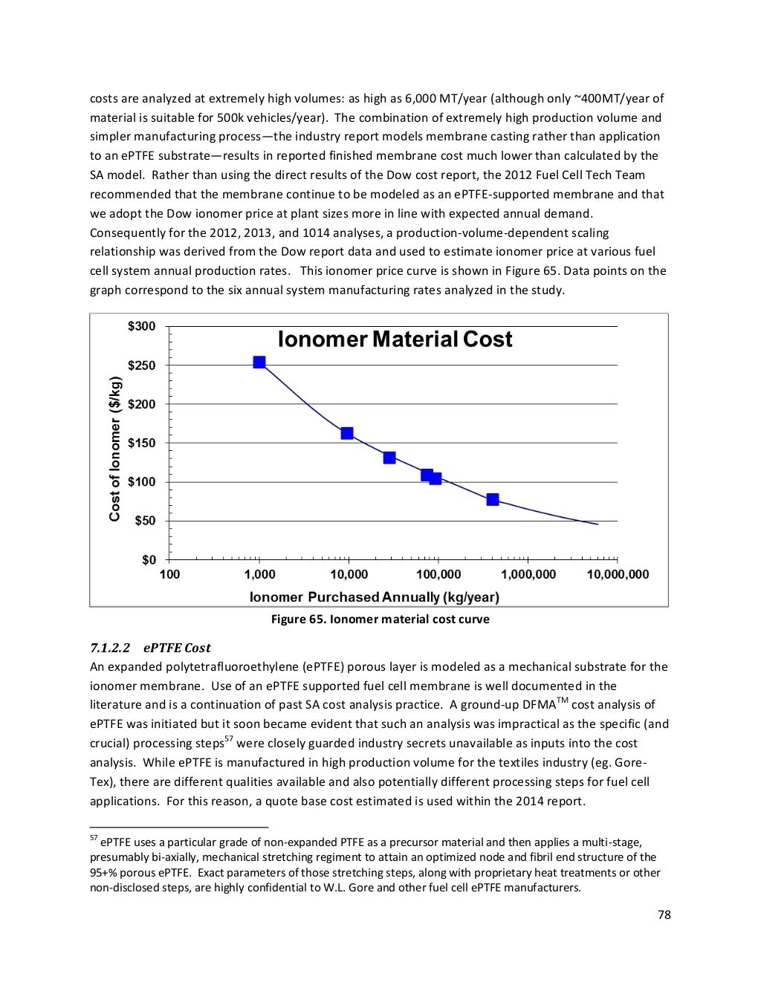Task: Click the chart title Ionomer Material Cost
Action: point(395,339)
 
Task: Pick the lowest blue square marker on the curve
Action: point(493,499)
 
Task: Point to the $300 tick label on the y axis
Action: point(141,326)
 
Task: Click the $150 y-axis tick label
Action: point(141,443)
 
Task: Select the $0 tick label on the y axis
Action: point(149,560)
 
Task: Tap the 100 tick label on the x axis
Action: point(169,575)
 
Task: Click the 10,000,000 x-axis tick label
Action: point(618,575)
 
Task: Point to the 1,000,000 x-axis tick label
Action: point(528,575)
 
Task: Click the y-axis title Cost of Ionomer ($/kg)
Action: point(115,449)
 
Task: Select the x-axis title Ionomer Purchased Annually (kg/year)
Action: point(374,597)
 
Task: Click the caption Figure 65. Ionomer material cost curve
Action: point(380,620)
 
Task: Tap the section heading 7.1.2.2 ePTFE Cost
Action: point(150,648)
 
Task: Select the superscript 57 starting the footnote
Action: point(94,838)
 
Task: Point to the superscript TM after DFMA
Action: point(563,700)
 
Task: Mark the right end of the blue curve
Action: point(598,524)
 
